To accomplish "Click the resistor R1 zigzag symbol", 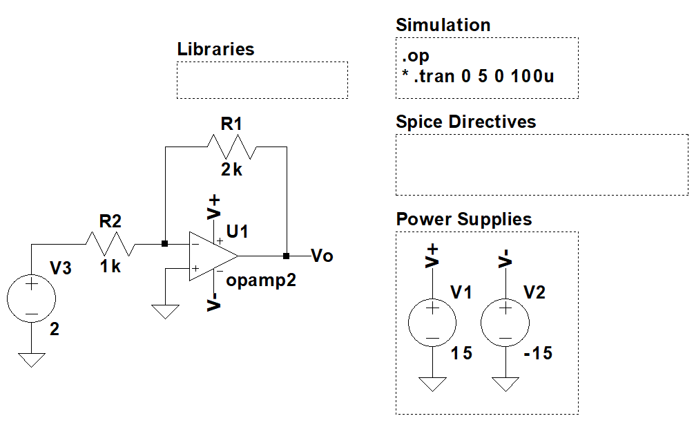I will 231,147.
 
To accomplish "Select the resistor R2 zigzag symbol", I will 110,244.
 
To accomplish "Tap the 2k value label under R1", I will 231,169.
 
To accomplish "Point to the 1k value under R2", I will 110,266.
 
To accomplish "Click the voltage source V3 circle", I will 31,299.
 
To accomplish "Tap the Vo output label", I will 322,256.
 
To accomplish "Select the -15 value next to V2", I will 538,353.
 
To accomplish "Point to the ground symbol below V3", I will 31,359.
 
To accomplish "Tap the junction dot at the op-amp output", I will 286,256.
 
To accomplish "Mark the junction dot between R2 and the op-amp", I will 164,243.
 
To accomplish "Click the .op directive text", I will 416,56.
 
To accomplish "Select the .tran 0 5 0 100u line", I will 478,76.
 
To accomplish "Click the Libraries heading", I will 215,50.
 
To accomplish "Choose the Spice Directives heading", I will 465,122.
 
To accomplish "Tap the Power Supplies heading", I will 463,220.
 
